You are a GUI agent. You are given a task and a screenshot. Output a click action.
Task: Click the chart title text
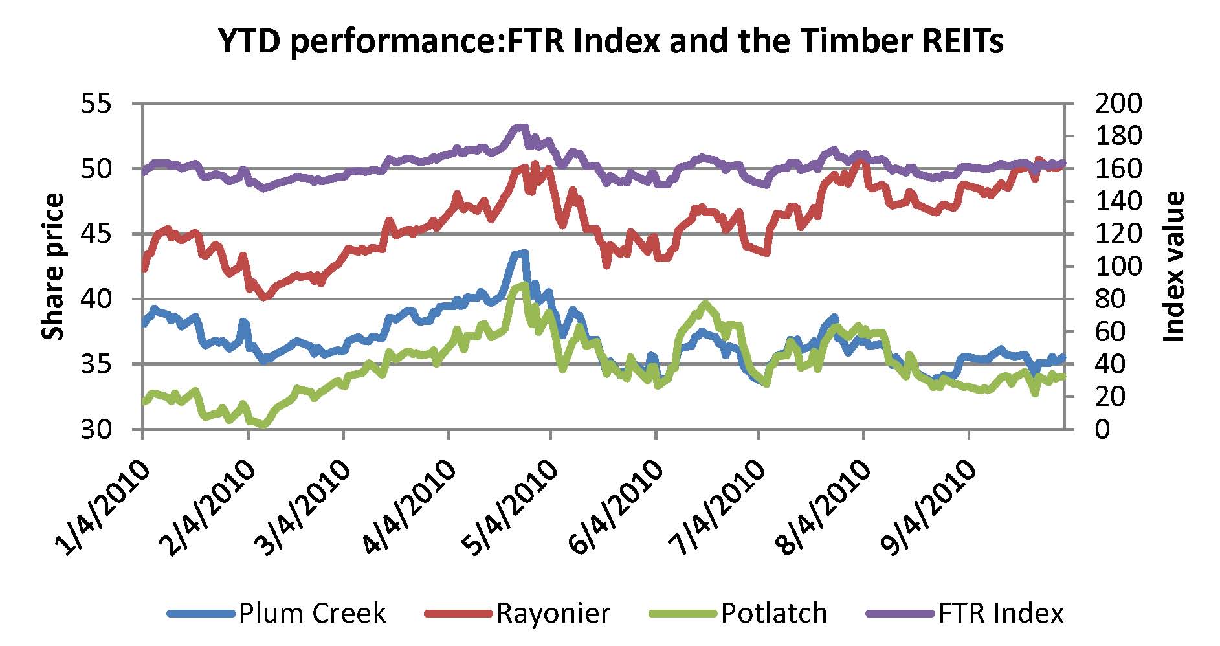(610, 42)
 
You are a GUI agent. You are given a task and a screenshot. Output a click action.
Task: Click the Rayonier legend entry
(553, 613)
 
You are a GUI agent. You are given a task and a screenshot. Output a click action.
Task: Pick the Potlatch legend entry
(773, 613)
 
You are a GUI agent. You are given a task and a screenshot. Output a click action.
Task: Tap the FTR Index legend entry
(1001, 613)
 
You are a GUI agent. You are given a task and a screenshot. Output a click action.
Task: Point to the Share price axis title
(53, 266)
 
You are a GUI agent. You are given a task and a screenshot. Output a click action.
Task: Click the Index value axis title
(1173, 266)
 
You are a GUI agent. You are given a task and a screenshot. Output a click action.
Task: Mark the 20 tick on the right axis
(1111, 397)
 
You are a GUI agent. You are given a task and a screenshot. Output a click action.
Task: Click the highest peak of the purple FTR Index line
(522, 127)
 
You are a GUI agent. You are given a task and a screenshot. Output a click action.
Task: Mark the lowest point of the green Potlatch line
(263, 425)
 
